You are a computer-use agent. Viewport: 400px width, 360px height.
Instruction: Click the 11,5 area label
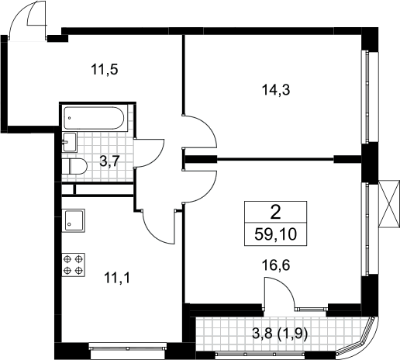pyautogui.click(x=105, y=70)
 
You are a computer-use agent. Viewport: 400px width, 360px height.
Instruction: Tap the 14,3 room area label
pyautogui.click(x=276, y=90)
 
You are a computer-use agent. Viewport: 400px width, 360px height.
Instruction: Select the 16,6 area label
pyautogui.click(x=276, y=265)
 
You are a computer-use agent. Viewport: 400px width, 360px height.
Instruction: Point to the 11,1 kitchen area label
pyautogui.click(x=117, y=279)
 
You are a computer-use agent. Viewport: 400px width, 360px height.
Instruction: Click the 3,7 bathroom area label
pyautogui.click(x=109, y=162)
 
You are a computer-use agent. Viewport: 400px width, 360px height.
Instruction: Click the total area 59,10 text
pyautogui.click(x=275, y=234)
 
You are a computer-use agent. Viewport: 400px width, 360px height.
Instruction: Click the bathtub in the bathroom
pyautogui.click(x=94, y=118)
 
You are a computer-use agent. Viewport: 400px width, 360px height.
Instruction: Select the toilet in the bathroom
pyautogui.click(x=74, y=167)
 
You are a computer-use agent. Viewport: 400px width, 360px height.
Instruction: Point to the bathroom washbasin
pyautogui.click(x=70, y=142)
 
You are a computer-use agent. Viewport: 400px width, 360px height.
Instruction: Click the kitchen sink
pyautogui.click(x=74, y=220)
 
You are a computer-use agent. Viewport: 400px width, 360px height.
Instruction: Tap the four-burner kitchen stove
pyautogui.click(x=74, y=265)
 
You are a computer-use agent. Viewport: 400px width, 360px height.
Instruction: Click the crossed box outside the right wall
pyautogui.click(x=388, y=204)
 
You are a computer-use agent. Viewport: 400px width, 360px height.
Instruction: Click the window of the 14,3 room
pyautogui.click(x=367, y=96)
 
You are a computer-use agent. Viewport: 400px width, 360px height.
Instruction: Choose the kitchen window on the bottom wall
pyautogui.click(x=128, y=347)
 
